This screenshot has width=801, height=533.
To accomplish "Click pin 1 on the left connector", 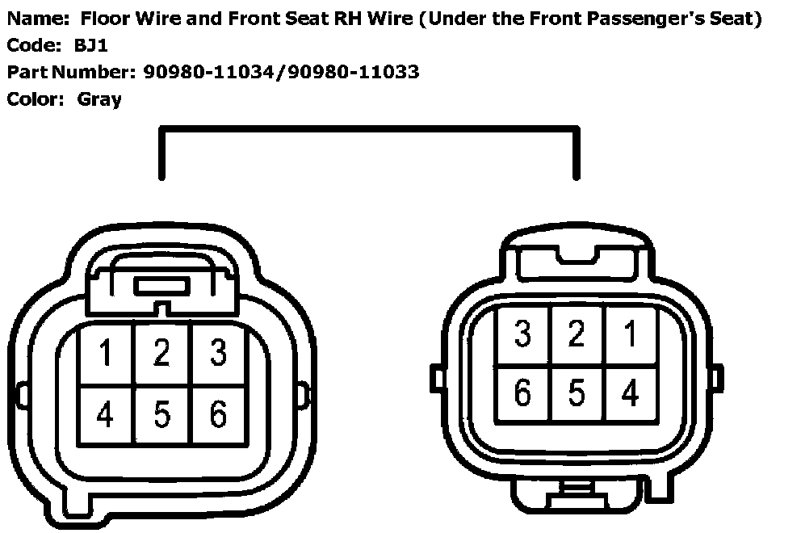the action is click(x=106, y=353).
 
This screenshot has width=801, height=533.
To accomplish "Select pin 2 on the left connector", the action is click(x=161, y=353).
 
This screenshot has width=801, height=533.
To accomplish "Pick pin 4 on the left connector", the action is click(x=106, y=414).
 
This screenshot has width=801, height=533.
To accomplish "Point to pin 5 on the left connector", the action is click(x=161, y=414).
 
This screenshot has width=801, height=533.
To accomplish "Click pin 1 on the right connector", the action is click(x=631, y=334).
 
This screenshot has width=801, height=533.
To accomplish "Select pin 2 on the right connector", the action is click(x=576, y=334).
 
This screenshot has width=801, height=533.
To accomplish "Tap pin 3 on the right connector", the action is click(x=522, y=334).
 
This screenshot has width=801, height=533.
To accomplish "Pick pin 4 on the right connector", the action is click(x=631, y=393).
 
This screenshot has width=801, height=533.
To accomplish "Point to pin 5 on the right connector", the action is click(x=576, y=393).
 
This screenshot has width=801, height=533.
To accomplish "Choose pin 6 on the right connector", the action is click(x=522, y=393).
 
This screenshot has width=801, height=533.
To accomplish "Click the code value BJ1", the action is click(x=90, y=46).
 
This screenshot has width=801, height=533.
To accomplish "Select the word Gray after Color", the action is click(x=99, y=99).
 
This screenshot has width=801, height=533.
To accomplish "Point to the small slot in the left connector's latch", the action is click(x=161, y=286).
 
